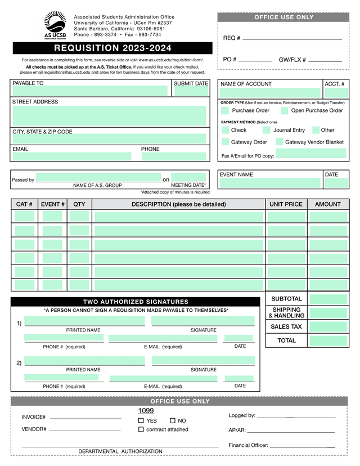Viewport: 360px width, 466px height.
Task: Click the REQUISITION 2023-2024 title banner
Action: pos(112,48)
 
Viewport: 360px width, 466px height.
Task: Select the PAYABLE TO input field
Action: pos(90,91)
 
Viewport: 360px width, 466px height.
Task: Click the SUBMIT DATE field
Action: pos(190,91)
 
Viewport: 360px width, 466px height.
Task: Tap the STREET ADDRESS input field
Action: pos(110,115)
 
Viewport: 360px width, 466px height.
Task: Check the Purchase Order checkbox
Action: pos(226,111)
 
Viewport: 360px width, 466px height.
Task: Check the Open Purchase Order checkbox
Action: pos(285,111)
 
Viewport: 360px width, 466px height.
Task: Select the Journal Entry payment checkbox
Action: pos(267,130)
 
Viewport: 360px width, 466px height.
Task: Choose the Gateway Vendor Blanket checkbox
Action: pos(279,142)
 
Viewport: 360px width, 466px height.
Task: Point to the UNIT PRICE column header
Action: pos(286,204)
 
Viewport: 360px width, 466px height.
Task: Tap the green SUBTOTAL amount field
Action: pos(328,299)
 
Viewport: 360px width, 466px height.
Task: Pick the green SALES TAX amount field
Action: pos(328,326)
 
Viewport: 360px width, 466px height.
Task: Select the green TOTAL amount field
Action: pos(328,340)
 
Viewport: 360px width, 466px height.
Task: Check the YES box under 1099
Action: pos(141,420)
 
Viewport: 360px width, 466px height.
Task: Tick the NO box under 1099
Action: pos(173,420)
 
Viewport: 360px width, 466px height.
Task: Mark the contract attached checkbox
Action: pos(141,429)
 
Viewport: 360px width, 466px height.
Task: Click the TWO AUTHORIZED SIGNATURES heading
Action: pos(136,302)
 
